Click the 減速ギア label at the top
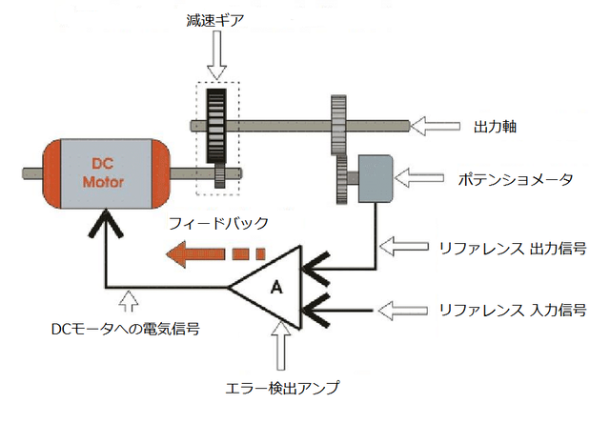click(x=215, y=20)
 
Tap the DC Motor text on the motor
click(x=103, y=173)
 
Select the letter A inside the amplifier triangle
click(x=276, y=287)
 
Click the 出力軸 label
click(x=495, y=127)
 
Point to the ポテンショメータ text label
click(x=516, y=179)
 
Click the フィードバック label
click(x=218, y=223)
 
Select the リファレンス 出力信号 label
click(x=513, y=248)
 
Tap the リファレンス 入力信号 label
click(x=513, y=311)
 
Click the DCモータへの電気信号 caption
click(x=125, y=329)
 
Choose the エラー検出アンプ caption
click(x=282, y=388)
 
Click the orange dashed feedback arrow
click(x=215, y=254)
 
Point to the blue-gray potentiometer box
click(x=375, y=178)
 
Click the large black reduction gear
click(x=216, y=126)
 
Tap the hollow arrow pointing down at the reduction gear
click(x=216, y=55)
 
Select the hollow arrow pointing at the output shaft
click(x=436, y=126)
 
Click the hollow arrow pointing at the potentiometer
click(x=419, y=177)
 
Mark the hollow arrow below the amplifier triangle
click(x=281, y=346)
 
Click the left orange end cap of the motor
click(x=51, y=173)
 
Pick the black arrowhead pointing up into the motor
click(x=106, y=224)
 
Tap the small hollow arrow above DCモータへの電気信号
click(x=129, y=301)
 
